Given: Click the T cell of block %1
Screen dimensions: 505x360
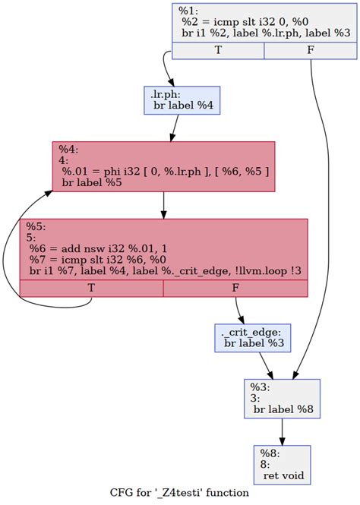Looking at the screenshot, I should pyautogui.click(x=218, y=51).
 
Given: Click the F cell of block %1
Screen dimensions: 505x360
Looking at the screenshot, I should pyautogui.click(x=310, y=51).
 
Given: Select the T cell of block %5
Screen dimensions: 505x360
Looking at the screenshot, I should pyautogui.click(x=91, y=289).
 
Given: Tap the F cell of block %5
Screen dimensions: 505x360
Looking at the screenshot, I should pyautogui.click(x=235, y=289).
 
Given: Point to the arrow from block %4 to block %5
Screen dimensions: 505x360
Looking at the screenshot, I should pyautogui.click(x=163, y=205).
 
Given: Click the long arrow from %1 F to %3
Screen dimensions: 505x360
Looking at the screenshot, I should pyautogui.click(x=328, y=213).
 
